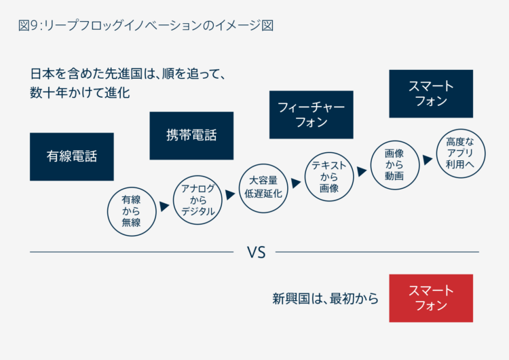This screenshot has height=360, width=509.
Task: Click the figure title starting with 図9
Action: click(x=146, y=25)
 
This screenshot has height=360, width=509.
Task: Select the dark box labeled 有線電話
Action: click(x=72, y=157)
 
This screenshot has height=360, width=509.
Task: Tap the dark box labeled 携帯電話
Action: click(x=191, y=136)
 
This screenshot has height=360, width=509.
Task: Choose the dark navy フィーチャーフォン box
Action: click(x=312, y=115)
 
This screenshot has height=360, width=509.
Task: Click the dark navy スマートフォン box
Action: click(x=431, y=94)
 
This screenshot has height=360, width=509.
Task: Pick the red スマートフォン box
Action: click(x=431, y=298)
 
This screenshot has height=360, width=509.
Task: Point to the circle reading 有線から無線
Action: click(x=132, y=211)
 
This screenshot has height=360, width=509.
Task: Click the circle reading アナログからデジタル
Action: click(x=197, y=200)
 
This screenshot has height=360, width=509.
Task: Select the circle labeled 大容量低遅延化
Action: click(x=263, y=188)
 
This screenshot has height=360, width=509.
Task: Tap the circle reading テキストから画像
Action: click(x=329, y=177)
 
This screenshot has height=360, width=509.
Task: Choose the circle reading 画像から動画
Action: click(x=395, y=165)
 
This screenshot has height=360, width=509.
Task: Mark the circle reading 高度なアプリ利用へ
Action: click(x=460, y=154)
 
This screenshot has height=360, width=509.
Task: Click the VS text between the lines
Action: click(x=256, y=253)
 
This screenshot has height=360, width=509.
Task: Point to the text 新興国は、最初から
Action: click(x=326, y=299)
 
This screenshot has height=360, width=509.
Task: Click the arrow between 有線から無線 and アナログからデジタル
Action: click(x=165, y=206)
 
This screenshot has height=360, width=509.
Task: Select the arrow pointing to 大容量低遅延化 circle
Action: click(x=231, y=195)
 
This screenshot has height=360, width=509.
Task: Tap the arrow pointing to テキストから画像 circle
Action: click(x=296, y=183)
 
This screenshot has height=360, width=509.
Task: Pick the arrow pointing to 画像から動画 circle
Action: click(x=362, y=172)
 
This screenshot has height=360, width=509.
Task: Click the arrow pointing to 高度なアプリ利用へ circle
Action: click(x=428, y=160)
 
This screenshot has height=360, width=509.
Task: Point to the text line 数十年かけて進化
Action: click(x=80, y=93)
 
